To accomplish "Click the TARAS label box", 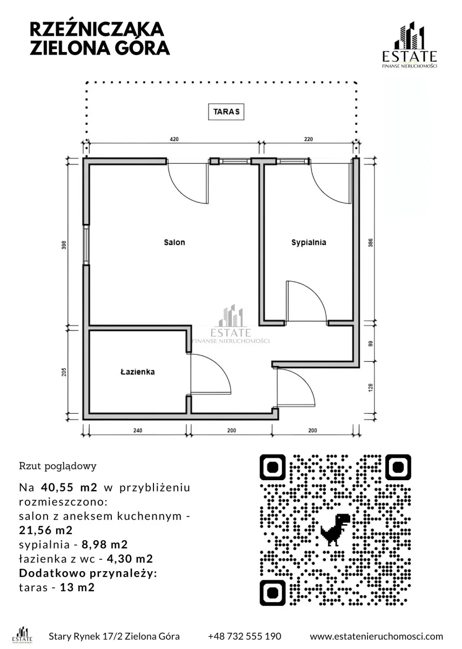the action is pos(226,112).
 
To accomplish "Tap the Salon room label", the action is pos(174,242).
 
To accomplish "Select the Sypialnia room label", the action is pos(309,242).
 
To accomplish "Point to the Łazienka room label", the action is pos(137,372).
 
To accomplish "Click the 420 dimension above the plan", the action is pos(174,139).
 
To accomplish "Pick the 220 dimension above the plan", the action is pos(309,139).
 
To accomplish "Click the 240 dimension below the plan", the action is pos(138,431).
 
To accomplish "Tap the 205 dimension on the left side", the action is pos(64,372).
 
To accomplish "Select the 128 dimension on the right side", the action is pos(371,388).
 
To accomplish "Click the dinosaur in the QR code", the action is pos(335,530).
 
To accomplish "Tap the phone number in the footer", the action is pos(245,636).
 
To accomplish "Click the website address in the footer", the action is pos(376,636).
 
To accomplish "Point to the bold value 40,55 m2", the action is pos(69,487).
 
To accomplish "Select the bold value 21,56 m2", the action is pos(46,530).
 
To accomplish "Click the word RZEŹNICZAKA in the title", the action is pos(97,29).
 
